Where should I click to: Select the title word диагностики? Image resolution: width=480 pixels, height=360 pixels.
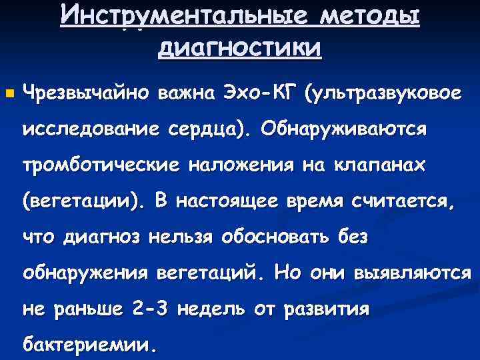point(240,47)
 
